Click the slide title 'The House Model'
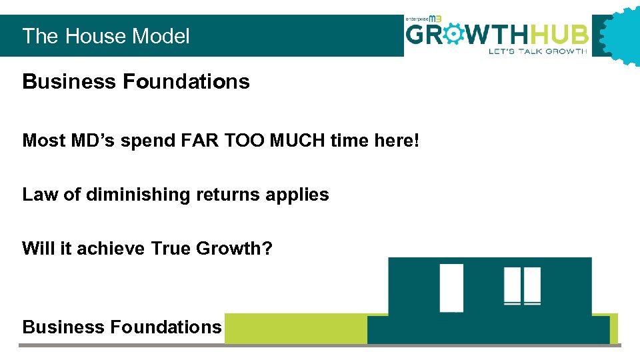pos(106,36)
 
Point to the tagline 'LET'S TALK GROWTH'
pos(538,51)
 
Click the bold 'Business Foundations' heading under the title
pos(136,82)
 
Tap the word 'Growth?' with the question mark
pos(234,249)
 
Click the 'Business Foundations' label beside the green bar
pos(121,327)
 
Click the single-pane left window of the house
pos(451,287)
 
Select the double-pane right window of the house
pos(522,285)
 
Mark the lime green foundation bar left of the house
pos(295,328)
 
